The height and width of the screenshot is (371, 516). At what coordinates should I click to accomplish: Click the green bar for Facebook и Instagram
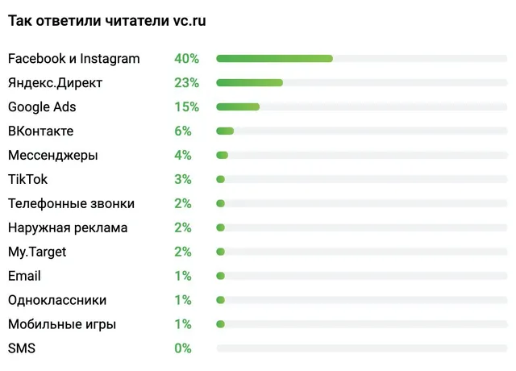click(274, 59)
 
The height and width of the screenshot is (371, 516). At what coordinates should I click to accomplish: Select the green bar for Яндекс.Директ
click(249, 82)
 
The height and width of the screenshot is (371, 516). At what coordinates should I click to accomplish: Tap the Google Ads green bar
click(238, 106)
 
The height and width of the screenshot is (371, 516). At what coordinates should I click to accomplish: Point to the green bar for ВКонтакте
click(225, 131)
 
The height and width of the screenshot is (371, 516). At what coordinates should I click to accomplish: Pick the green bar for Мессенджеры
click(223, 155)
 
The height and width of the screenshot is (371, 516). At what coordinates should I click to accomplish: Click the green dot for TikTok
click(220, 179)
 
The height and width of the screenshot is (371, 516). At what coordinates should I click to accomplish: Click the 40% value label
click(186, 59)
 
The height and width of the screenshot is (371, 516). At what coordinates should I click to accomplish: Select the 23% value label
click(186, 82)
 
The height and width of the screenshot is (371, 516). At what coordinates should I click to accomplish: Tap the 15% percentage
click(186, 106)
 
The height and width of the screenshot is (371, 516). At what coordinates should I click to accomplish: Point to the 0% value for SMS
click(183, 348)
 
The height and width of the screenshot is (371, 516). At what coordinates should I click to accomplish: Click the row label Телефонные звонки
click(72, 203)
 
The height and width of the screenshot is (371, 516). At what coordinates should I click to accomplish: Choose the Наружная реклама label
click(68, 227)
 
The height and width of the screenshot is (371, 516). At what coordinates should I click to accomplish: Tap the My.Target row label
click(37, 252)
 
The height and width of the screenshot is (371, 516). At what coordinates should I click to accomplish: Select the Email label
click(24, 276)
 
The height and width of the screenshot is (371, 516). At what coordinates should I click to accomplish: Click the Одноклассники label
click(57, 300)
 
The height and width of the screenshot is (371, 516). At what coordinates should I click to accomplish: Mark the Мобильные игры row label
click(62, 324)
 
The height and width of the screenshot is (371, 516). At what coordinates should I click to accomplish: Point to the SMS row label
click(22, 348)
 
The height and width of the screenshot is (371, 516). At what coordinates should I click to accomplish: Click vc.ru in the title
click(189, 21)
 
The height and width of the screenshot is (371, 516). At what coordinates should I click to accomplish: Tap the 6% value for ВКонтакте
click(183, 131)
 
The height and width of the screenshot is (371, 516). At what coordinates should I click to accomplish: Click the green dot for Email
click(220, 276)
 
